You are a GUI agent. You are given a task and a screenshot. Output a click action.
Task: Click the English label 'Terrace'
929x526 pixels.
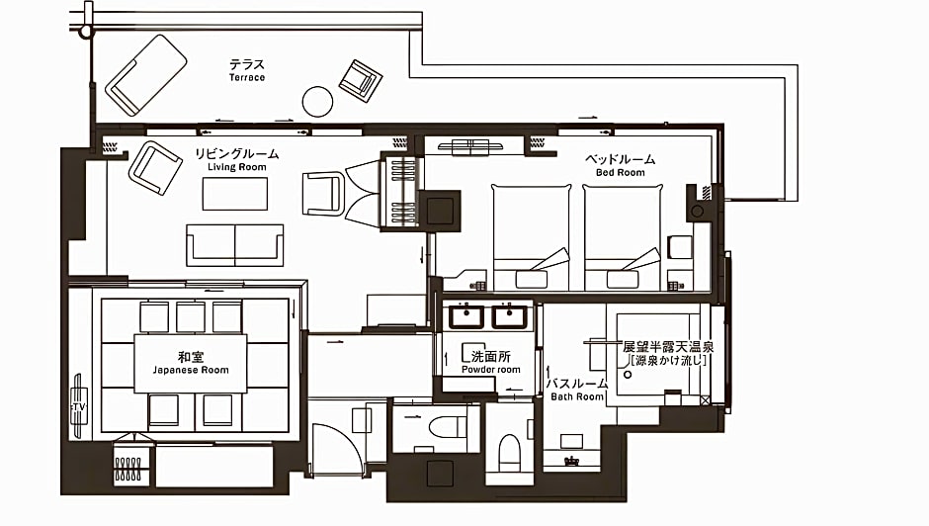tap(247, 78)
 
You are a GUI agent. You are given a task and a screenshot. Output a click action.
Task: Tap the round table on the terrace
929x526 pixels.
tap(317, 102)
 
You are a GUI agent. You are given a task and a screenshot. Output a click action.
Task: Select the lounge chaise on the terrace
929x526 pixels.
tap(145, 75)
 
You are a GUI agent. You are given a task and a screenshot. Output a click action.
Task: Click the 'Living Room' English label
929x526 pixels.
tap(237, 167)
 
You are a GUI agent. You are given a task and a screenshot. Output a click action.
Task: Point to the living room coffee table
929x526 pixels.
tap(234, 194)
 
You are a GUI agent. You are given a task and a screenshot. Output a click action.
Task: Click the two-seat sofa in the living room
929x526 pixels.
tap(234, 245)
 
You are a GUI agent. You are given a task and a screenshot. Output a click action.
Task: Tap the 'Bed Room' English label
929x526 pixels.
tap(621, 173)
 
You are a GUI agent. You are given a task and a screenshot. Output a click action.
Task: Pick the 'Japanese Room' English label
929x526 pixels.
tap(191, 370)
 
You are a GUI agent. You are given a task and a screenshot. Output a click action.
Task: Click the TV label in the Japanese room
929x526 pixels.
tap(78, 406)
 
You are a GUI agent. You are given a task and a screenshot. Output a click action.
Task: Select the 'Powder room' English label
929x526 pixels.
tap(491, 370)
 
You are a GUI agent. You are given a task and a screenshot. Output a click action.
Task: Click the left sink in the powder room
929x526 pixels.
tap(465, 316)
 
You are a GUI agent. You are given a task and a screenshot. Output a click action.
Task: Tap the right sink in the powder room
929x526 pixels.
tap(508, 316)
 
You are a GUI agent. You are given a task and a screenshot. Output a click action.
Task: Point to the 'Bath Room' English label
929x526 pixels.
tap(577, 396)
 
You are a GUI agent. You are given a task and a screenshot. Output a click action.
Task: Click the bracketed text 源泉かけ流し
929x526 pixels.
tap(669, 361)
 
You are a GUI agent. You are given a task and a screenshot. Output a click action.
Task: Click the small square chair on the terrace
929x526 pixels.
tap(360, 81)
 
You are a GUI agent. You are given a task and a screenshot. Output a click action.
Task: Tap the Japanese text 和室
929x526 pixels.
tap(191, 356)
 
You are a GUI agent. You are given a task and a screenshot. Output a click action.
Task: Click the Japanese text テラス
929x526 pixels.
tap(247, 64)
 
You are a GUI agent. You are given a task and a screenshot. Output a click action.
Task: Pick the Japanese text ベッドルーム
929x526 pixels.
tap(621, 159)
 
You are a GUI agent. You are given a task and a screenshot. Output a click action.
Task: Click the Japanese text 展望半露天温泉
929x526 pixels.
tap(668, 347)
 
